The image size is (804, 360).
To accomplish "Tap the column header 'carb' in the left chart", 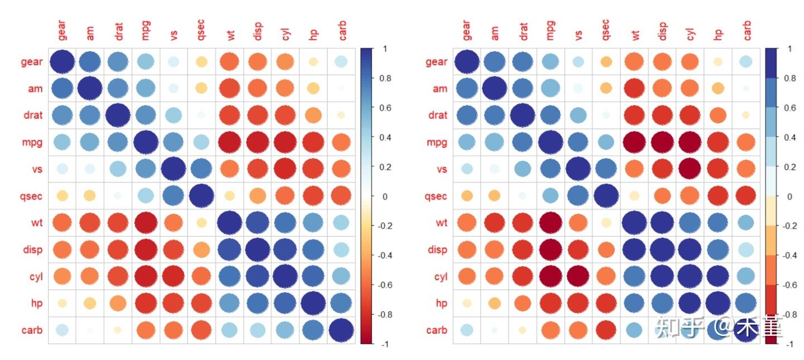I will pos(342,31).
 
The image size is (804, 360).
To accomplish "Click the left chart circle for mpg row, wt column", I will pos(230,142).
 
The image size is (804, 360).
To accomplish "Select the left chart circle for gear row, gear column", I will pos(63,61).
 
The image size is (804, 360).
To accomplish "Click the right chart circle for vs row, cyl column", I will pos(690,169).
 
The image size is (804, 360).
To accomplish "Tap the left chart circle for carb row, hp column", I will pos(313,330).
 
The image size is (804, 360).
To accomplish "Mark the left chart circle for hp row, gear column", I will pos(63,303).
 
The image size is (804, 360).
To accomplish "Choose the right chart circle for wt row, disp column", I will pos(662,223).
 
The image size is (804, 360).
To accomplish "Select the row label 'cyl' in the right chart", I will pos(441,276).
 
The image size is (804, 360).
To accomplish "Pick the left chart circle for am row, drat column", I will pos(118,88).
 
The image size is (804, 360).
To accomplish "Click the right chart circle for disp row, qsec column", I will pos(606,249).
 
